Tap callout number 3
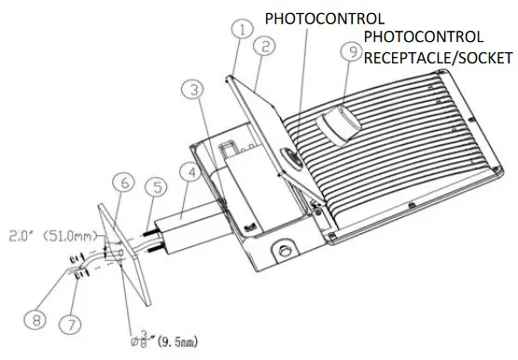click(190, 91)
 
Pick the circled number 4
click(189, 173)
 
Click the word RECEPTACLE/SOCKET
click(439, 58)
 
